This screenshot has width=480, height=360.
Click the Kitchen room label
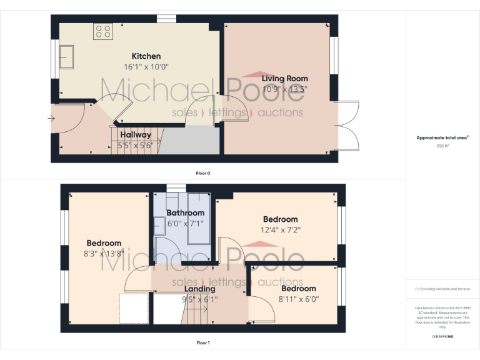coord(146,56)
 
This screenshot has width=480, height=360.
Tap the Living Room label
coord(284,79)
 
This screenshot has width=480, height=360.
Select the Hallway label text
coord(136,135)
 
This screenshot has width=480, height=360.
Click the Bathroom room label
coord(185,213)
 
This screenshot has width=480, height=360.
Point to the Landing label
coord(200,289)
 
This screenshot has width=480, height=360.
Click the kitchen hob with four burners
coord(102,31)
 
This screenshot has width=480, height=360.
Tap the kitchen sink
coord(66,57)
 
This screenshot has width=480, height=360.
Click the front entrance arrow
coord(51,117)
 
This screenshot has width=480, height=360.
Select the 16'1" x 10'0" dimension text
coord(146,66)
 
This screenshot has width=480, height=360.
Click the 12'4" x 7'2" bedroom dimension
coord(280,229)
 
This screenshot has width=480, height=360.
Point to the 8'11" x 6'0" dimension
coord(298,299)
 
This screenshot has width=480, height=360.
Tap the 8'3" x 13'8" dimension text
coord(104,253)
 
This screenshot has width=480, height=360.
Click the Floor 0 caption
coord(202,172)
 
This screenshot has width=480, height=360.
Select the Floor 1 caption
coord(202,342)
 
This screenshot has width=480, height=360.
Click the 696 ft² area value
coord(442,146)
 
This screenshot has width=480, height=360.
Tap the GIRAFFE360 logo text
coord(442,337)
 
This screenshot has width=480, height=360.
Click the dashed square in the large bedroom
coord(134,307)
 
